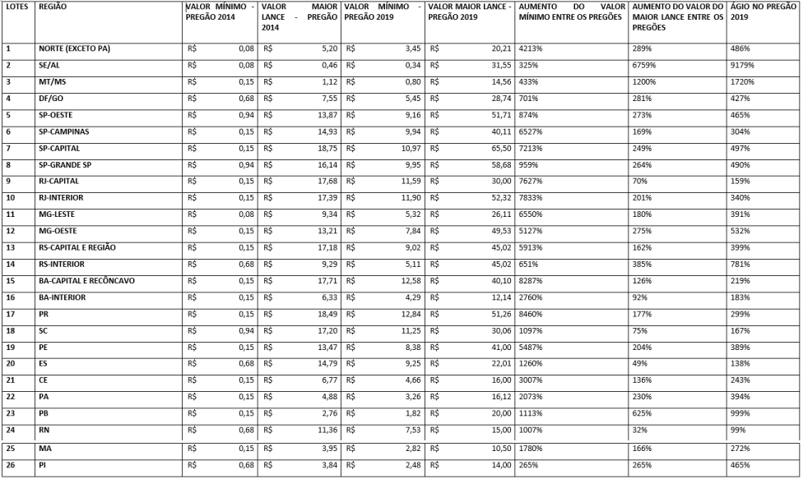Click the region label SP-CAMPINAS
tap(63, 131)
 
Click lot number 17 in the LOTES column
tap(9, 313)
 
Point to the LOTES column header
tap(16, 6)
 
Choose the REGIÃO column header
tap(53, 6)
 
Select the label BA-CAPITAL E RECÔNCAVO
tap(86, 281)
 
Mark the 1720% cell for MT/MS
tap(741, 81)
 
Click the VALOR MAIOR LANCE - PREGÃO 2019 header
tap(469, 12)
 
